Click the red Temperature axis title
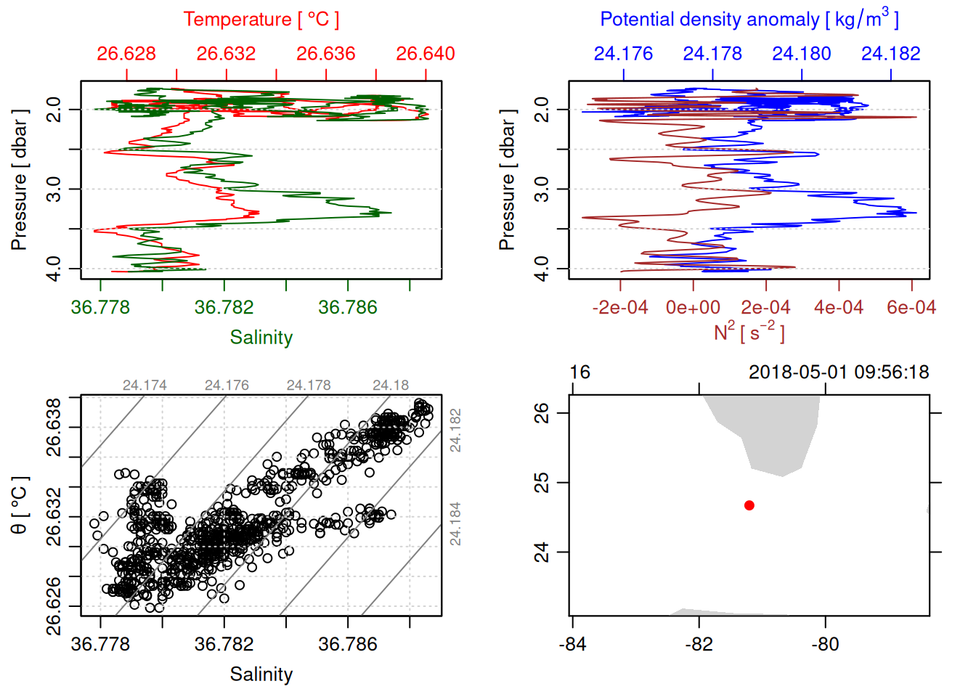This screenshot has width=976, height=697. tap(261, 20)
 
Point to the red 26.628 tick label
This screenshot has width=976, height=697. tap(126, 54)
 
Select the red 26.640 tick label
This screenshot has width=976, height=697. tap(426, 54)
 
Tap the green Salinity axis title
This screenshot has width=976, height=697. tap(261, 338)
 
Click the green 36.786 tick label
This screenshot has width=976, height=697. tap(348, 308)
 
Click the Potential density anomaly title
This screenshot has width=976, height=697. tap(749, 20)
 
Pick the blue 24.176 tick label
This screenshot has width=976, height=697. tap(623, 54)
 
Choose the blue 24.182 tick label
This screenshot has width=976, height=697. tap(890, 54)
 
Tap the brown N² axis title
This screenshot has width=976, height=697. tap(749, 333)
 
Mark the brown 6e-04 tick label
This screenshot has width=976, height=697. tap(911, 308)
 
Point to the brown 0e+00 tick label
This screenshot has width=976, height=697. tap(693, 308)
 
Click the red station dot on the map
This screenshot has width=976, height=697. tap(749, 505)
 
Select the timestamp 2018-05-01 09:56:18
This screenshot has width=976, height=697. tap(839, 372)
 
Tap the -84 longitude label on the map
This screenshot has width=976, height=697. tap(572, 644)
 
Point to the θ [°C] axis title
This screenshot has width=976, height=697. tap(20, 505)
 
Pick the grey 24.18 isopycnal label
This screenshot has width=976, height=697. tap(391, 386)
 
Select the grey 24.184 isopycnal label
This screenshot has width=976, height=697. tap(455, 523)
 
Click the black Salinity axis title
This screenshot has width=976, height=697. tap(261, 674)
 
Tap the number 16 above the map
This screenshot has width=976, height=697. tap(579, 372)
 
